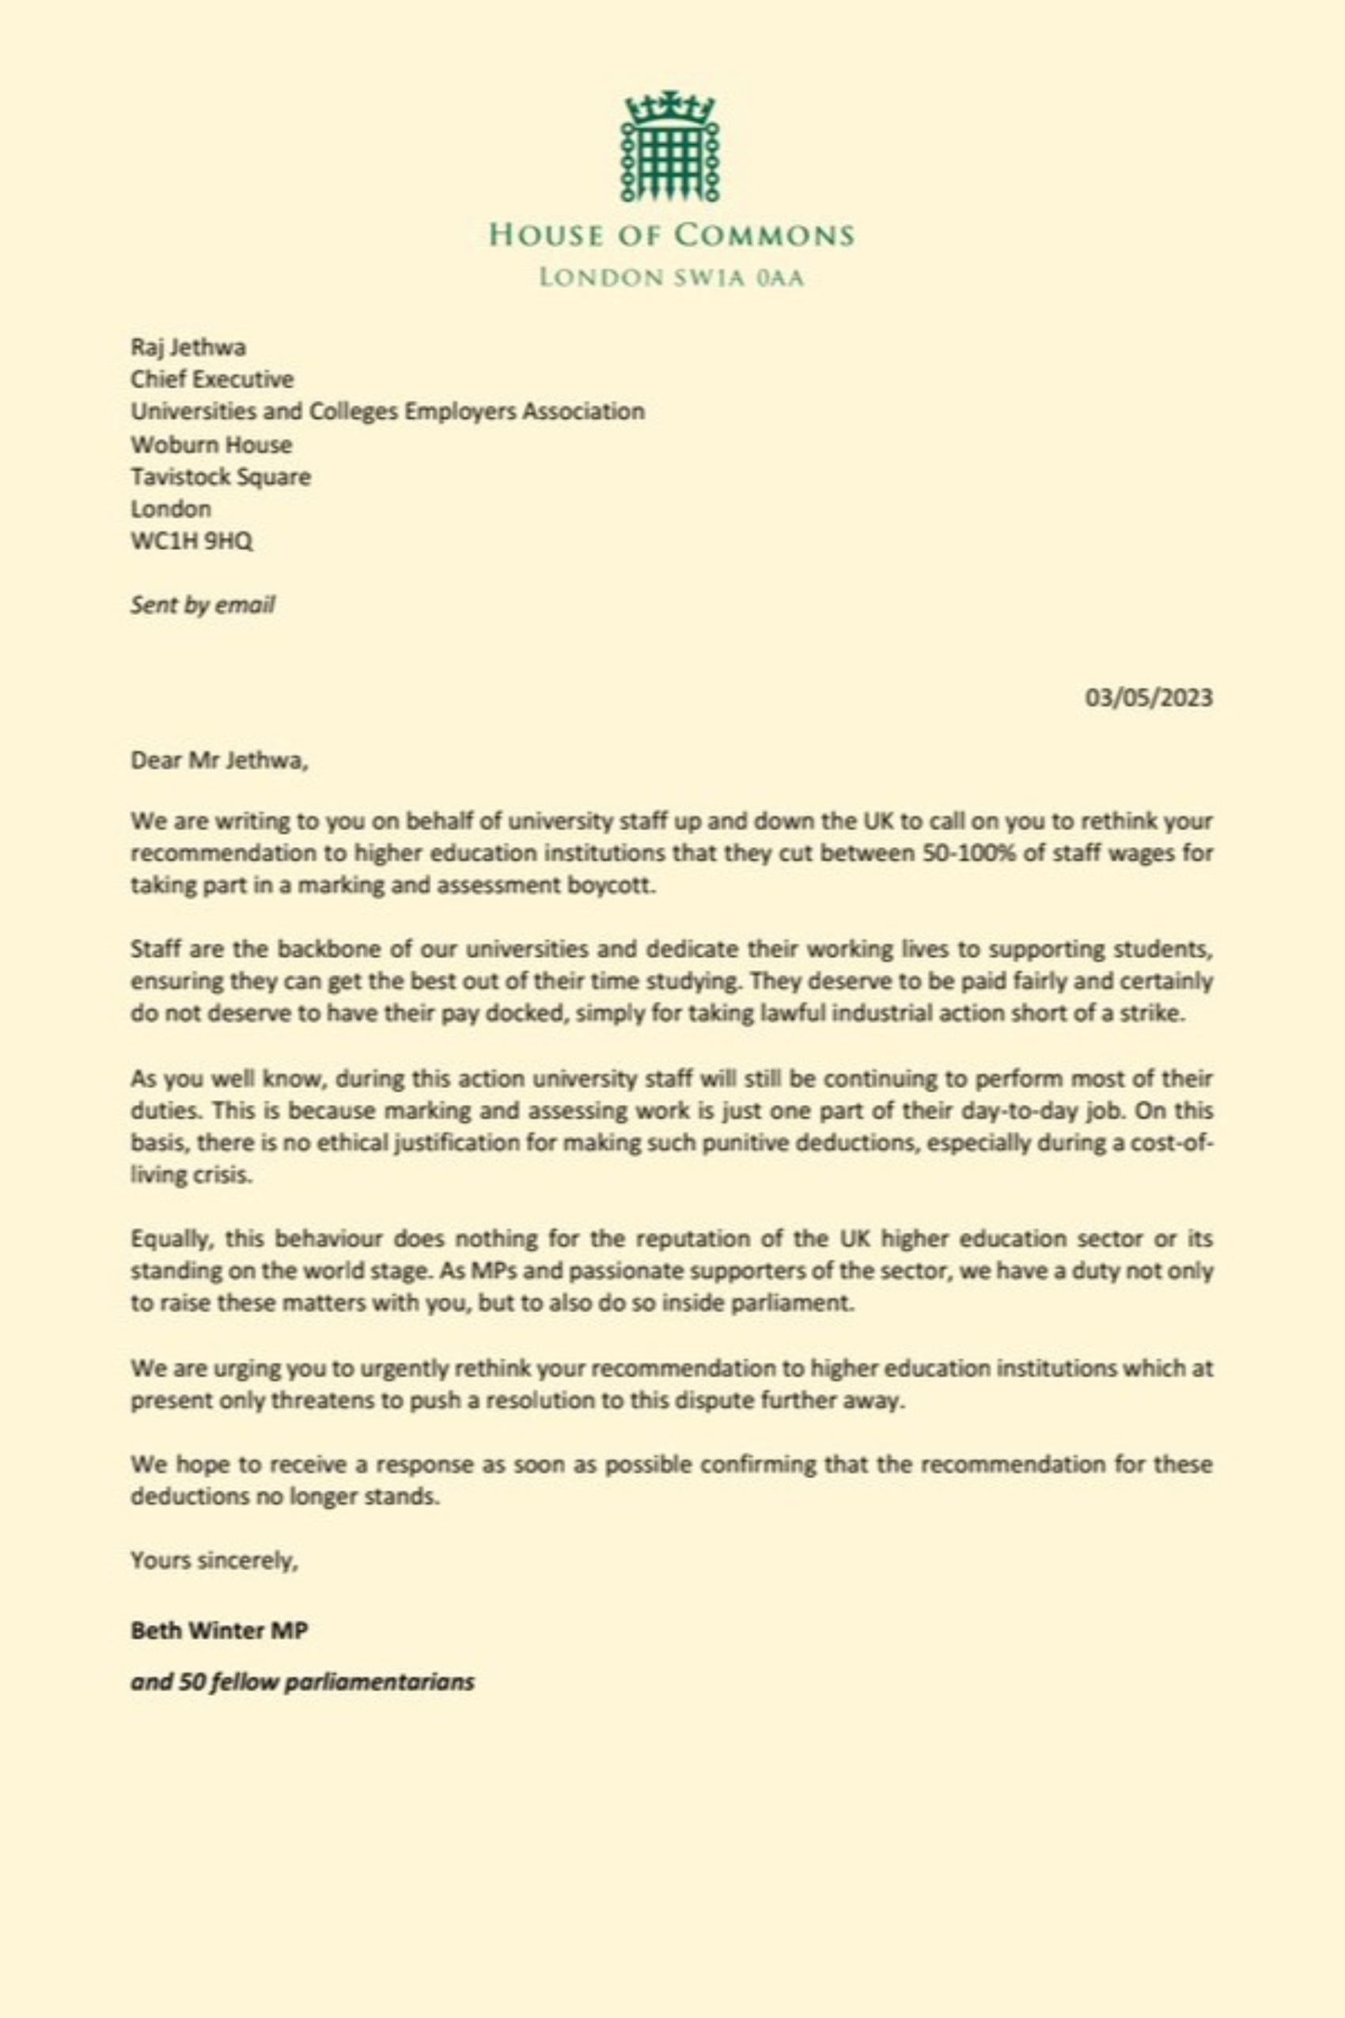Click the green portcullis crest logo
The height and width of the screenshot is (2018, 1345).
[672, 146]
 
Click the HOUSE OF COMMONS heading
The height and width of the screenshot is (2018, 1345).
[672, 235]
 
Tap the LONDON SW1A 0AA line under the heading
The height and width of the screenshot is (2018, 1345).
[672, 278]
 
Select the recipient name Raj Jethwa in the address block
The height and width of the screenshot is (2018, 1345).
[188, 347]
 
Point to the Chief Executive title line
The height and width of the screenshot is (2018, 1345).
[212, 378]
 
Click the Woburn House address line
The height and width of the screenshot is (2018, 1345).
[211, 445]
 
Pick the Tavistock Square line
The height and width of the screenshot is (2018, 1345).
[221, 476]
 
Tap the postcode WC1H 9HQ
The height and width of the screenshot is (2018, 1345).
[191, 542]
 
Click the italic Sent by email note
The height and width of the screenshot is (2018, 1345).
[203, 605]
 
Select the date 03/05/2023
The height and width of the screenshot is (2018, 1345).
[1149, 696]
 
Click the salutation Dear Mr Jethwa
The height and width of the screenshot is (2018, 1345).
[218, 761]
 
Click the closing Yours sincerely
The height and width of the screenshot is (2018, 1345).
[214, 1560]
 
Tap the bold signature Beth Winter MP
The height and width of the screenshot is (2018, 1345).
[218, 1630]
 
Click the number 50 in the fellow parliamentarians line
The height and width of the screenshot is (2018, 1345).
[190, 1682]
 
